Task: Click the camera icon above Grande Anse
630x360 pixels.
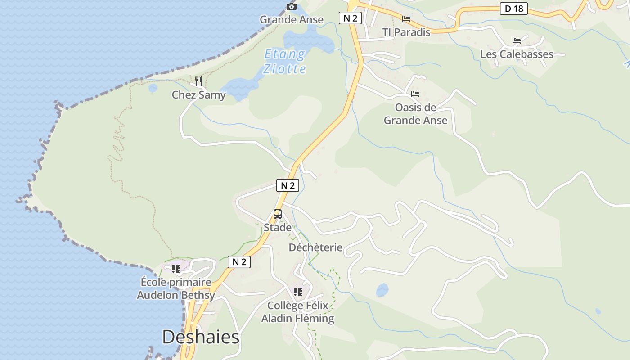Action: [x=292, y=6]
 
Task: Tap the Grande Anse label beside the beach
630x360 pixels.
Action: [x=292, y=19]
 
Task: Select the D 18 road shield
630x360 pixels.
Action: [x=513, y=9]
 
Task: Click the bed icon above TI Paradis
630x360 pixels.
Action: [x=406, y=19]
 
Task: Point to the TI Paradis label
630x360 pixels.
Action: [x=406, y=32]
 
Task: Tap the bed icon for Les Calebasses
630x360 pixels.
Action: [x=517, y=41]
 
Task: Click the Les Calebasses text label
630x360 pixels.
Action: [x=517, y=54]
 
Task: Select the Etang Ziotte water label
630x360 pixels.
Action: [x=285, y=62]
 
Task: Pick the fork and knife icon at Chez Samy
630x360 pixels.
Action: [x=198, y=81]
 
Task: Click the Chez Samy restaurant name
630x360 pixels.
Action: [x=199, y=95]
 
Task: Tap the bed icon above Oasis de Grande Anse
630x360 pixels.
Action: [x=415, y=94]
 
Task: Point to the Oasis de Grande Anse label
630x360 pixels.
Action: [x=415, y=114]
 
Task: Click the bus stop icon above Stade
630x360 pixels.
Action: [x=278, y=214]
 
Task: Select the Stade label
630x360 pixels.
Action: [x=278, y=227]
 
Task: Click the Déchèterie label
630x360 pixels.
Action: [x=315, y=247]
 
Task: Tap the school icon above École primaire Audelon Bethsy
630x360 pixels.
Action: [x=176, y=269]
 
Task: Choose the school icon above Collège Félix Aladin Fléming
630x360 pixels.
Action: [x=297, y=292]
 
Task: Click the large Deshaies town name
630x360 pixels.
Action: [x=201, y=337]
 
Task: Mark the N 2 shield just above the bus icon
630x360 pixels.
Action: [x=288, y=185]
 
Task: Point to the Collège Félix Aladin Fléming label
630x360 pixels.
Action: [x=298, y=312]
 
